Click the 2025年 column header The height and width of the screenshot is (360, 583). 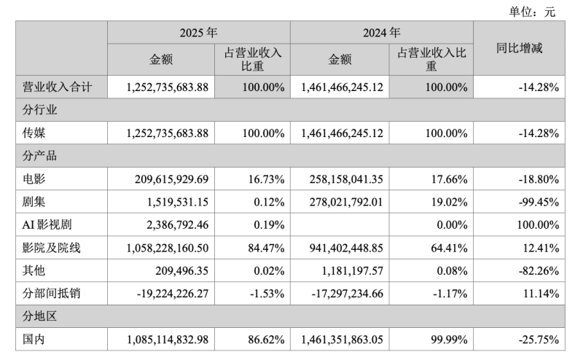pos(198,33)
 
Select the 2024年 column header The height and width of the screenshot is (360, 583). pos(381,33)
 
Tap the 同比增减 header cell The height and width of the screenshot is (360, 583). pos(519,48)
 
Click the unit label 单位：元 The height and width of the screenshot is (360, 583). pos(532,12)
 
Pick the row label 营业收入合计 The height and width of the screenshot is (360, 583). pos(57,87)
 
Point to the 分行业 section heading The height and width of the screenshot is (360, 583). pos(39,110)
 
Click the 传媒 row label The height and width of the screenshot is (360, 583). pos(34,133)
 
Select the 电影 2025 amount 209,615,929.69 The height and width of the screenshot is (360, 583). pos(171,179)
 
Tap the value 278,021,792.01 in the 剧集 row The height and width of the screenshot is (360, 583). pos(346,202)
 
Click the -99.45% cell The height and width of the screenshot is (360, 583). pos(539,202)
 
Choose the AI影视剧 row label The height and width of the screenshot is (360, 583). pos(47,224)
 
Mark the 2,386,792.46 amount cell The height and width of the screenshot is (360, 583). pos(177,224)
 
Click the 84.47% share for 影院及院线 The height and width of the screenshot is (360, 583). pos(266,248)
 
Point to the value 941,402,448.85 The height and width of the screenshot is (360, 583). pos(346,248)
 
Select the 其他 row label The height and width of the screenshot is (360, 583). pos(34,270)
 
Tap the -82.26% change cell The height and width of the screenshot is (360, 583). pos(539,271)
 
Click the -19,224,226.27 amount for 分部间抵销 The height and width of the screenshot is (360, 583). pos(173,294)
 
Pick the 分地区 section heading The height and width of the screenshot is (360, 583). pos(39,316)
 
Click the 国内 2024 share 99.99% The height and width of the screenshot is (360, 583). pos(449,340)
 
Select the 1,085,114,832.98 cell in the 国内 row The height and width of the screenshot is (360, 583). pos(168,340)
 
